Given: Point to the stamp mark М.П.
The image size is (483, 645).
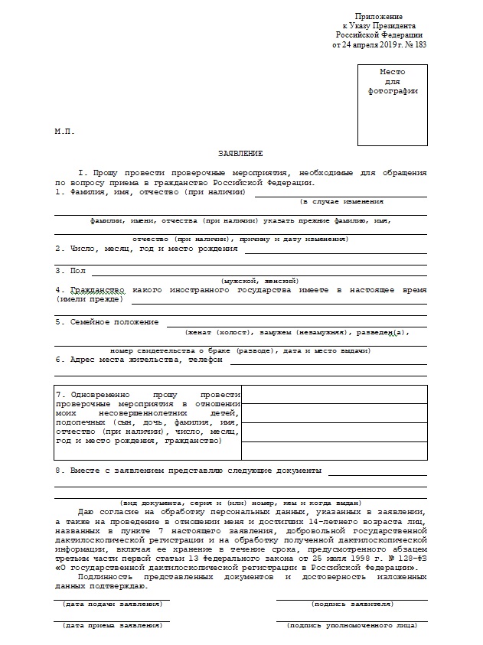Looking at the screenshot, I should click(64, 131).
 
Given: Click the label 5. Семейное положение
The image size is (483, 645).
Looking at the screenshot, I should click(106, 321).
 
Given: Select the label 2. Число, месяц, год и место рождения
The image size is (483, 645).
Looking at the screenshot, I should click(146, 249).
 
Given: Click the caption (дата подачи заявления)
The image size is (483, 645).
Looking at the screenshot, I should click(113, 604).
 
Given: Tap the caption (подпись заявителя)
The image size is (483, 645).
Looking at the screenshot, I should click(352, 604).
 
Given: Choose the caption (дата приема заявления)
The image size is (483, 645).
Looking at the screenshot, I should click(113, 625).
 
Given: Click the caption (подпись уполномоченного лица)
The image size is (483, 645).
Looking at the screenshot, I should click(352, 625).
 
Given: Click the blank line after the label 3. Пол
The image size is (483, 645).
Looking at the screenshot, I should click(259, 272).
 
